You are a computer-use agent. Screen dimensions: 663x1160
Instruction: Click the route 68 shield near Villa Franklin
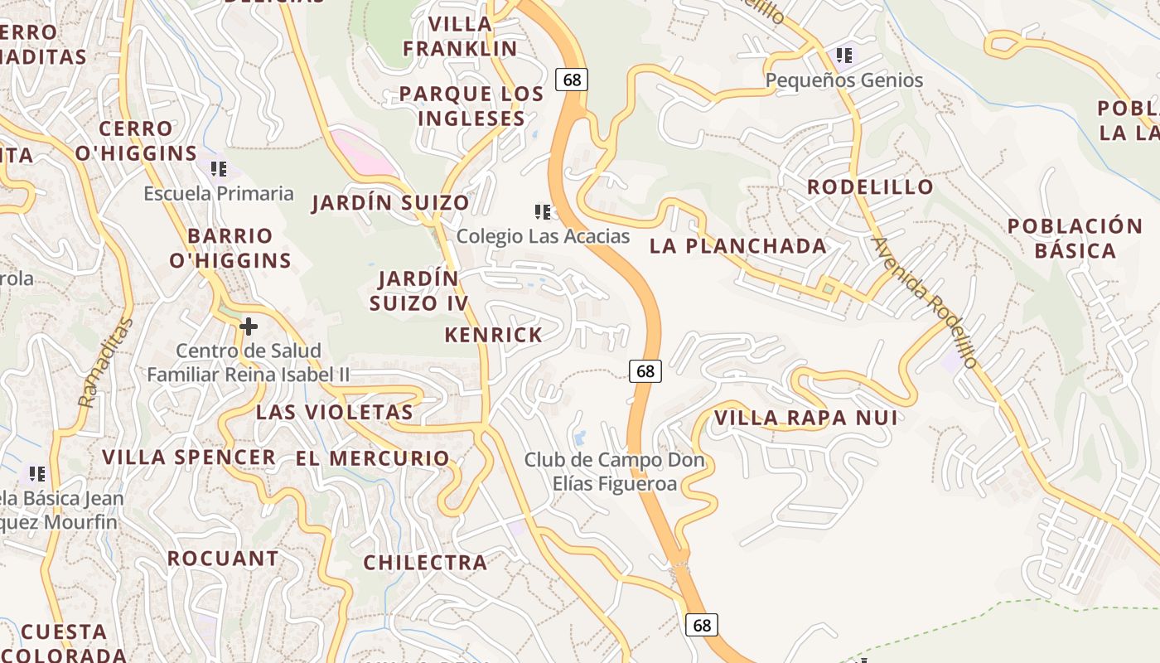click(572, 80)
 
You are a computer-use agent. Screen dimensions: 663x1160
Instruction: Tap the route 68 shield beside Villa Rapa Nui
click(645, 371)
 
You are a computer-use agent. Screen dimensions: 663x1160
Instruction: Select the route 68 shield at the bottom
click(702, 625)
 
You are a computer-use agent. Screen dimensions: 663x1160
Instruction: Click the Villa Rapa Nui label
click(805, 418)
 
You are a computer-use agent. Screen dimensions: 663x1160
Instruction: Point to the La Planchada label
click(737, 245)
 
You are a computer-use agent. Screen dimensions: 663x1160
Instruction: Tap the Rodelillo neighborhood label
click(870, 186)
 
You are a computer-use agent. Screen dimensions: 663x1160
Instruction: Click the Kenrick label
click(493, 335)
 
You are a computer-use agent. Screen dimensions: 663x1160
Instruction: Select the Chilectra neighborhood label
click(425, 562)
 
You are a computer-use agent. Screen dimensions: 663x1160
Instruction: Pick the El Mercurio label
click(372, 457)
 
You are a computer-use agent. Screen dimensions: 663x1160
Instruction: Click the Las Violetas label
click(334, 412)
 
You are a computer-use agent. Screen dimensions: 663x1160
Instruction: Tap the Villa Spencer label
click(189, 457)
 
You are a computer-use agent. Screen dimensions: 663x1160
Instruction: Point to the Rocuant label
click(223, 558)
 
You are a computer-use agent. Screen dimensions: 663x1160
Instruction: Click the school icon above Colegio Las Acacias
click(543, 212)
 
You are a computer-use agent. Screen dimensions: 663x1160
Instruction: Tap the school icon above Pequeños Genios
click(844, 56)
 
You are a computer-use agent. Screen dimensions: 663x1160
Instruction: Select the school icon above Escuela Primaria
click(219, 169)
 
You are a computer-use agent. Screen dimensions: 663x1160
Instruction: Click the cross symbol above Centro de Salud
click(248, 327)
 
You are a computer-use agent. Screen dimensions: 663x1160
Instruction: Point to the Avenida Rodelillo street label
click(925, 302)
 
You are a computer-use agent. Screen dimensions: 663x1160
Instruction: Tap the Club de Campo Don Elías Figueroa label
click(614, 471)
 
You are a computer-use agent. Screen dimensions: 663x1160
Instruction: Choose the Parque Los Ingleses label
click(471, 106)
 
